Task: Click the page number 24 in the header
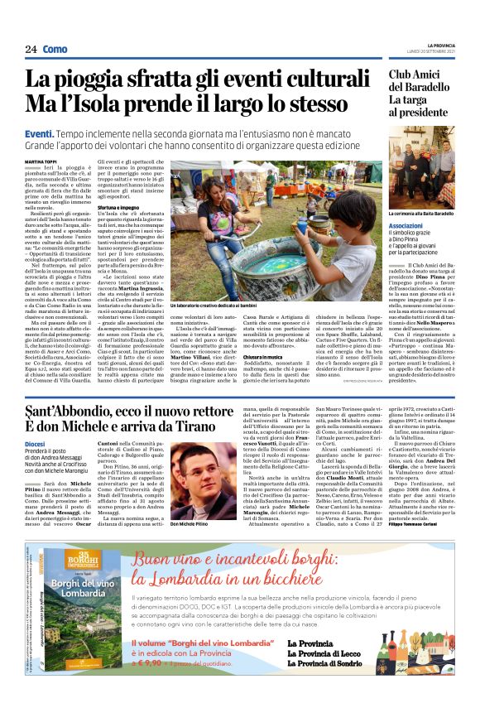(31, 50)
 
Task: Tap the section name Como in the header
(55, 50)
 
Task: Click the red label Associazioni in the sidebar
(406, 224)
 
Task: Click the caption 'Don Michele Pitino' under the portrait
(190, 524)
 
